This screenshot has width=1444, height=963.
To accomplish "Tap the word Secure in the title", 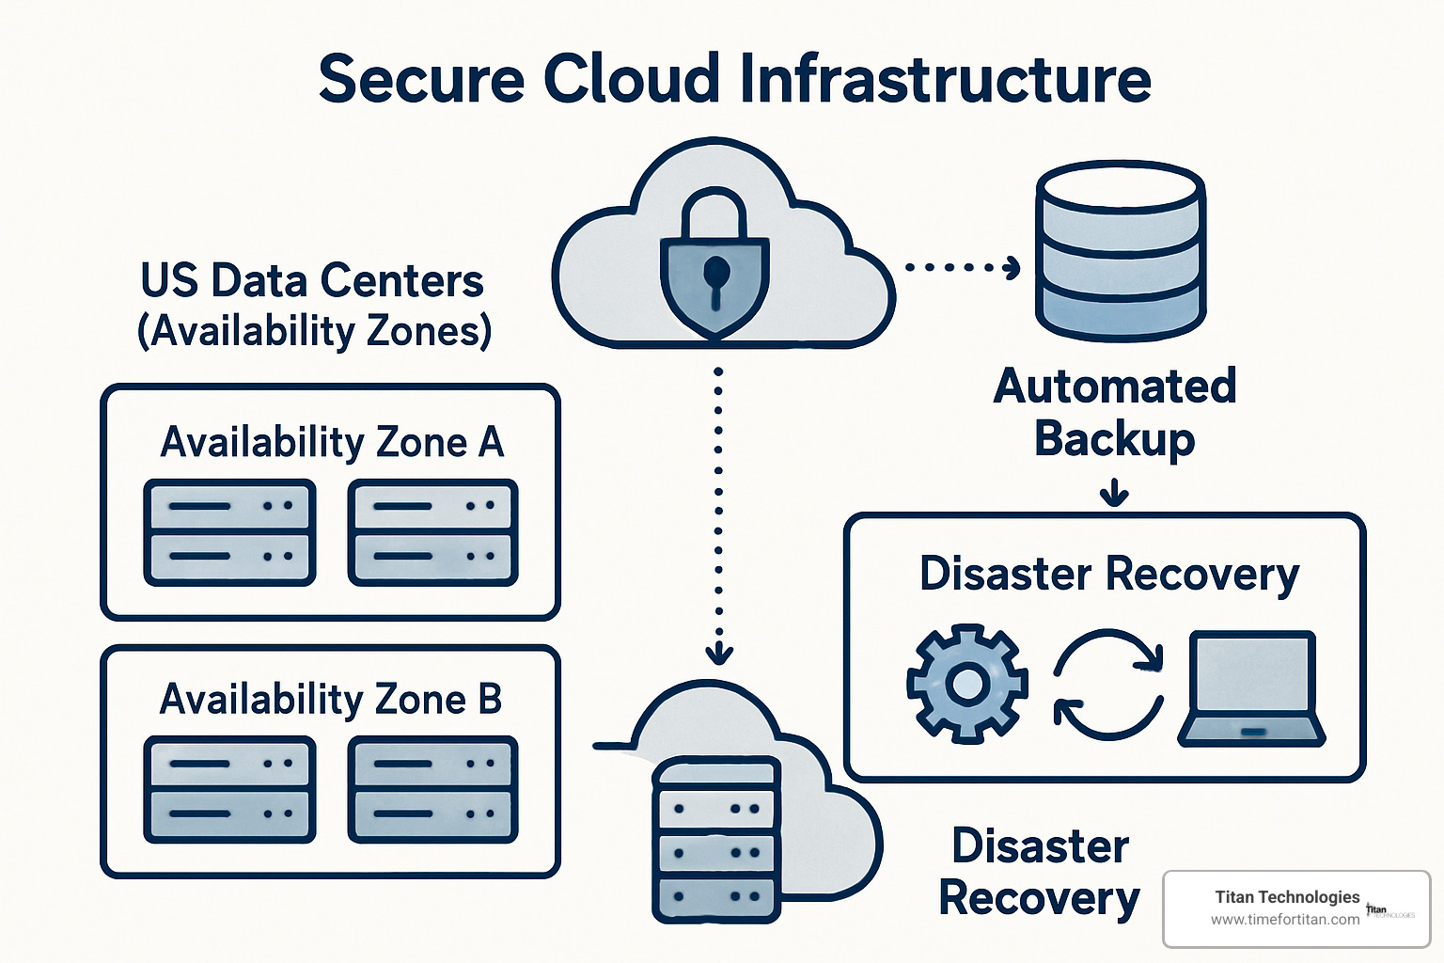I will [420, 79].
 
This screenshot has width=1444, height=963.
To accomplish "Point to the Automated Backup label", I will [1114, 412].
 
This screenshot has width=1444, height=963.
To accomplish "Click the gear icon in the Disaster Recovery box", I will [966, 684].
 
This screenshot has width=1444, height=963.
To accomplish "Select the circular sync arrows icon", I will [1109, 685].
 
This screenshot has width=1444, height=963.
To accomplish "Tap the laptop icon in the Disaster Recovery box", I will [1251, 688].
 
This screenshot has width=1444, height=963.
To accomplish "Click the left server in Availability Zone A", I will [229, 532].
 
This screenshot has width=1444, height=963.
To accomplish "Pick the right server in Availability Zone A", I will [433, 532].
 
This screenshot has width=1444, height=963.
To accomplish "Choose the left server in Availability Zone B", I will [229, 789].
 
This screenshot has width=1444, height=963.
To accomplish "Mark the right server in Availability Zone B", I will [433, 789].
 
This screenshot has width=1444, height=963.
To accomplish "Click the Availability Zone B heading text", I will [331, 699].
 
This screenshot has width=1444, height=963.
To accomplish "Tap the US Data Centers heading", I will [312, 280].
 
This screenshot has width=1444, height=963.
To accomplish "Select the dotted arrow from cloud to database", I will [962, 268].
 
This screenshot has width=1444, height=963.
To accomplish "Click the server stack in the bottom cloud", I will [716, 840].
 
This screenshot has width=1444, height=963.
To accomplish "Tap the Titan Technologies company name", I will [1287, 897].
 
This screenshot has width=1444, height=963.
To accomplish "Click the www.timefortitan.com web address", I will [1284, 920].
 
